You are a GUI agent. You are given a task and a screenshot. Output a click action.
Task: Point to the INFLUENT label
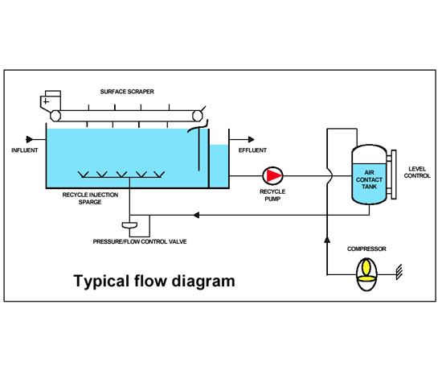tap(24, 150)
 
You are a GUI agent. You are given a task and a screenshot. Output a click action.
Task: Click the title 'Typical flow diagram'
tap(154, 282)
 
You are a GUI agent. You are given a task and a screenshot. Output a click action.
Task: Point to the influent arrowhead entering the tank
tap(32, 138)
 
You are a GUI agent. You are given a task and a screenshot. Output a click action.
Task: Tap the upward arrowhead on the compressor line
tap(328, 240)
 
